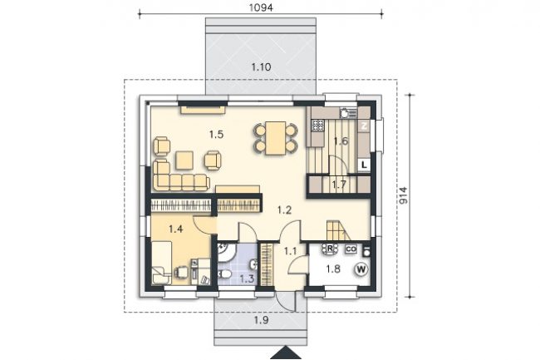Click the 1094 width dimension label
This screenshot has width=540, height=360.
[x=261, y=8]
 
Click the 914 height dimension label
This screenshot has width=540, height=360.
[x=403, y=195]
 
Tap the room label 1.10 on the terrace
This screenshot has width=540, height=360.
[x=261, y=67]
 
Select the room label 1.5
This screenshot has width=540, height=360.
[x=216, y=135]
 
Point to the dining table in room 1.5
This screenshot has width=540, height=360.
[x=276, y=138]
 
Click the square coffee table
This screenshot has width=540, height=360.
[x=184, y=160]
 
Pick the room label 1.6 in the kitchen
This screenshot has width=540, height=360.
[x=341, y=141]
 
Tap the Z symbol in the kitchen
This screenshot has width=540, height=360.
[x=364, y=126]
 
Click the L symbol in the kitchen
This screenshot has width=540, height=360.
[x=364, y=165]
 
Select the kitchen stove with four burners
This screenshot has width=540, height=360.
[x=317, y=125]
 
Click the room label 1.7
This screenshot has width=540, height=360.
[x=339, y=185]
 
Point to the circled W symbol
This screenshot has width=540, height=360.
[x=361, y=269]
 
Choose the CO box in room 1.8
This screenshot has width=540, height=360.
[x=351, y=249]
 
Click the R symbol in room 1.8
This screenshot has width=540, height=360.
[x=330, y=249]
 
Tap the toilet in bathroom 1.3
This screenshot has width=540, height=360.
[x=224, y=274]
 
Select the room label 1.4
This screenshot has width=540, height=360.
[x=175, y=229]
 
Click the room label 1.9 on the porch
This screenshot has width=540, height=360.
[x=261, y=320]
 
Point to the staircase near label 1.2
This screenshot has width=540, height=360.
[x=338, y=231]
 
